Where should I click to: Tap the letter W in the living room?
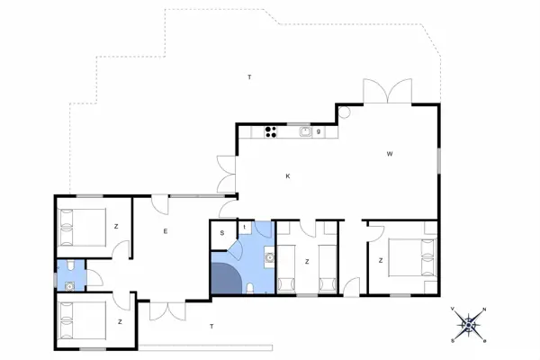(390, 154)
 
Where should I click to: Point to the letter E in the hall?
(166, 231)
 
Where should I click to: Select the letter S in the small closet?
(221, 233)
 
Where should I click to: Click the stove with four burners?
(270, 132)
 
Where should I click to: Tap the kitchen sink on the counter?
(305, 132)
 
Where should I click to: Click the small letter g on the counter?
(319, 132)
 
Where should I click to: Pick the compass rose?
(467, 323)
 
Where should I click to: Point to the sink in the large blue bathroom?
(268, 259)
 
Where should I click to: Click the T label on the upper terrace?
(249, 78)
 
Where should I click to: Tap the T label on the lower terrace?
(211, 325)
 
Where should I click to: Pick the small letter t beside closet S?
(244, 226)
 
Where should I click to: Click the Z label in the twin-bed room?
(308, 261)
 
